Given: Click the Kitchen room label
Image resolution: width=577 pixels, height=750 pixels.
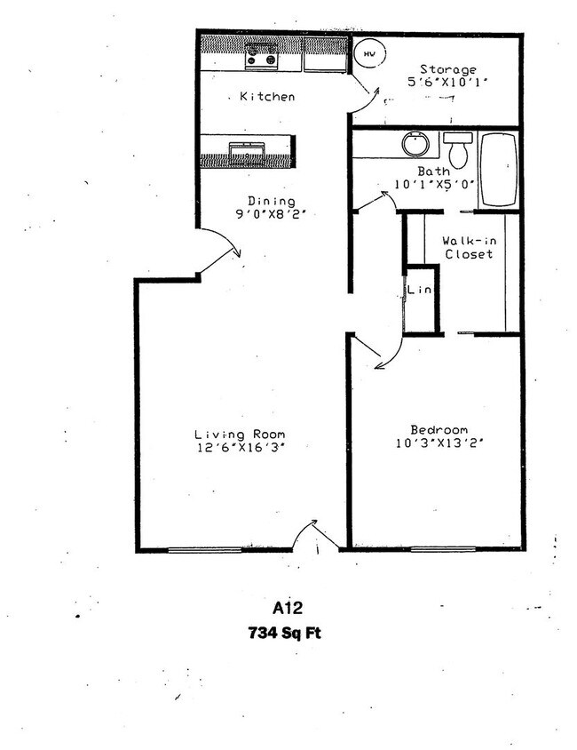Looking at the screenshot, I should click(x=266, y=96).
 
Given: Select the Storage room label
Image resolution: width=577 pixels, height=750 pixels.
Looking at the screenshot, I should click(x=448, y=69).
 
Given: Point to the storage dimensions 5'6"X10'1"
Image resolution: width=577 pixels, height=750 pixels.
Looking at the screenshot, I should click(x=448, y=83).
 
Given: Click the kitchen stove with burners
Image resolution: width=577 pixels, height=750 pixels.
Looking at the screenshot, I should click(x=262, y=58).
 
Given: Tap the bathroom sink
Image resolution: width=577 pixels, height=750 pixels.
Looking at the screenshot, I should click(x=414, y=144).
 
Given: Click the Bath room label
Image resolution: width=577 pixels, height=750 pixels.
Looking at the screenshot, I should click(x=432, y=172).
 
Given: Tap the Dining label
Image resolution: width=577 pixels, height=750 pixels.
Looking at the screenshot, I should click(x=271, y=201).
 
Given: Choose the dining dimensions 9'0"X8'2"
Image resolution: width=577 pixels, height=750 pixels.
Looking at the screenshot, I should click(x=271, y=214).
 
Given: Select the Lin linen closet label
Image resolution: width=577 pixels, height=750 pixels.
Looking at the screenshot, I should click(x=420, y=290).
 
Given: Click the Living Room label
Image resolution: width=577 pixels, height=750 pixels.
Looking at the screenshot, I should click(x=240, y=434).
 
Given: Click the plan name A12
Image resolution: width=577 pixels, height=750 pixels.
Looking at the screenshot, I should click(x=288, y=610).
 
